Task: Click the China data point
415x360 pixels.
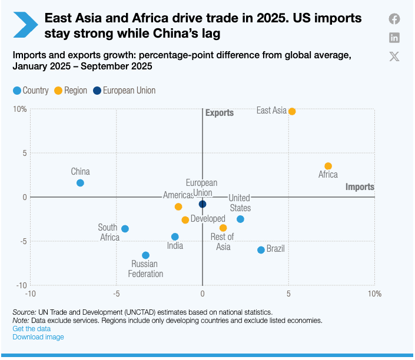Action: click(x=80, y=183)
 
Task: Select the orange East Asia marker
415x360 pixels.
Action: click(x=292, y=111)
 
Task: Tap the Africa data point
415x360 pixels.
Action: click(x=328, y=166)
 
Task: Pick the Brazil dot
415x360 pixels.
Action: click(x=261, y=250)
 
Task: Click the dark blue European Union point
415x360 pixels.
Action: click(x=202, y=204)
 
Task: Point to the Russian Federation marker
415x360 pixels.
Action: click(x=145, y=255)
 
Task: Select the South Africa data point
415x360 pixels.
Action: click(x=125, y=229)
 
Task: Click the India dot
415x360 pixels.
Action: click(x=175, y=237)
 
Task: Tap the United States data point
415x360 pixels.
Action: click(x=240, y=219)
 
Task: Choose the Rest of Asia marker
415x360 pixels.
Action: click(x=223, y=228)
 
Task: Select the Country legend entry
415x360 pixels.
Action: click(x=31, y=91)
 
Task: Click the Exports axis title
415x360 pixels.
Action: click(x=220, y=113)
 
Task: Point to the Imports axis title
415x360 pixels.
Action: click(x=360, y=187)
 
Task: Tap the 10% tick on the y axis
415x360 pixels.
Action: click(x=19, y=109)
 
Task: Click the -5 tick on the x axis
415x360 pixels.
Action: click(x=116, y=293)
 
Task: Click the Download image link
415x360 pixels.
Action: click(x=38, y=337)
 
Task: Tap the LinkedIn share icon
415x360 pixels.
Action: click(x=394, y=38)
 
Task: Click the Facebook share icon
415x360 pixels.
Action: click(x=394, y=19)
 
